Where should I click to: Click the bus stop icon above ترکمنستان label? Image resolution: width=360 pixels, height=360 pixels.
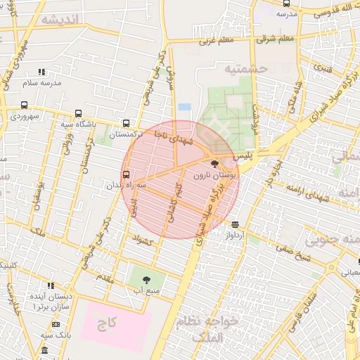pos(126,122)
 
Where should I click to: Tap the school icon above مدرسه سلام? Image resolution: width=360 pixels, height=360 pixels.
pos(41,72)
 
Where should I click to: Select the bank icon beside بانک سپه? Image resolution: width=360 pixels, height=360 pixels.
pos(56,324)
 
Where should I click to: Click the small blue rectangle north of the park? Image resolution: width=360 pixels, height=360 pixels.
pos(184,106)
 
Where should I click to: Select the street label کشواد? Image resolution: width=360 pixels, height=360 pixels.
pos(142,240)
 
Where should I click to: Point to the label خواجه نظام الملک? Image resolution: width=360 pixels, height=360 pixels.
pos(210,328)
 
